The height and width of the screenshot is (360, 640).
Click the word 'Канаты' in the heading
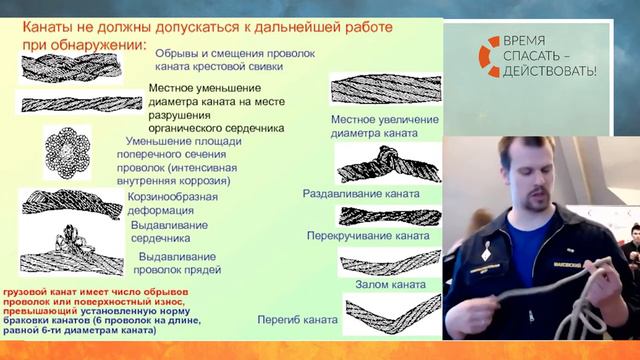(x=51, y=27)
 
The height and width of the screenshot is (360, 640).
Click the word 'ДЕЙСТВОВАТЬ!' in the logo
(x=551, y=71)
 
